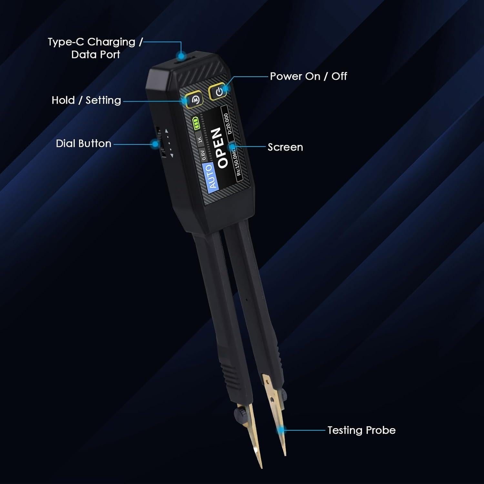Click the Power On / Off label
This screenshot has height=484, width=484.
pos(308,76)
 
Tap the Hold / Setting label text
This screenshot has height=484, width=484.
pos(86,100)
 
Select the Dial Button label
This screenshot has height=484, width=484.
pos(84,144)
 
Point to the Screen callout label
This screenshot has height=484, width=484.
pos(285,147)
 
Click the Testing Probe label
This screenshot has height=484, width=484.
pos(361,430)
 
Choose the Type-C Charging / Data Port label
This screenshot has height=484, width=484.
pos(95,48)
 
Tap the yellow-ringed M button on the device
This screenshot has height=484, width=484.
pos(195,100)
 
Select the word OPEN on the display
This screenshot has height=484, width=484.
pos(220,148)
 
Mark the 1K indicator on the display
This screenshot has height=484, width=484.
pos(199,139)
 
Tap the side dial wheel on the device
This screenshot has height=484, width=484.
pos(159,142)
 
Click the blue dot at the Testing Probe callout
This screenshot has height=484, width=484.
pos(282,430)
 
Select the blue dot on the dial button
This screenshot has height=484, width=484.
pos(155,144)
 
